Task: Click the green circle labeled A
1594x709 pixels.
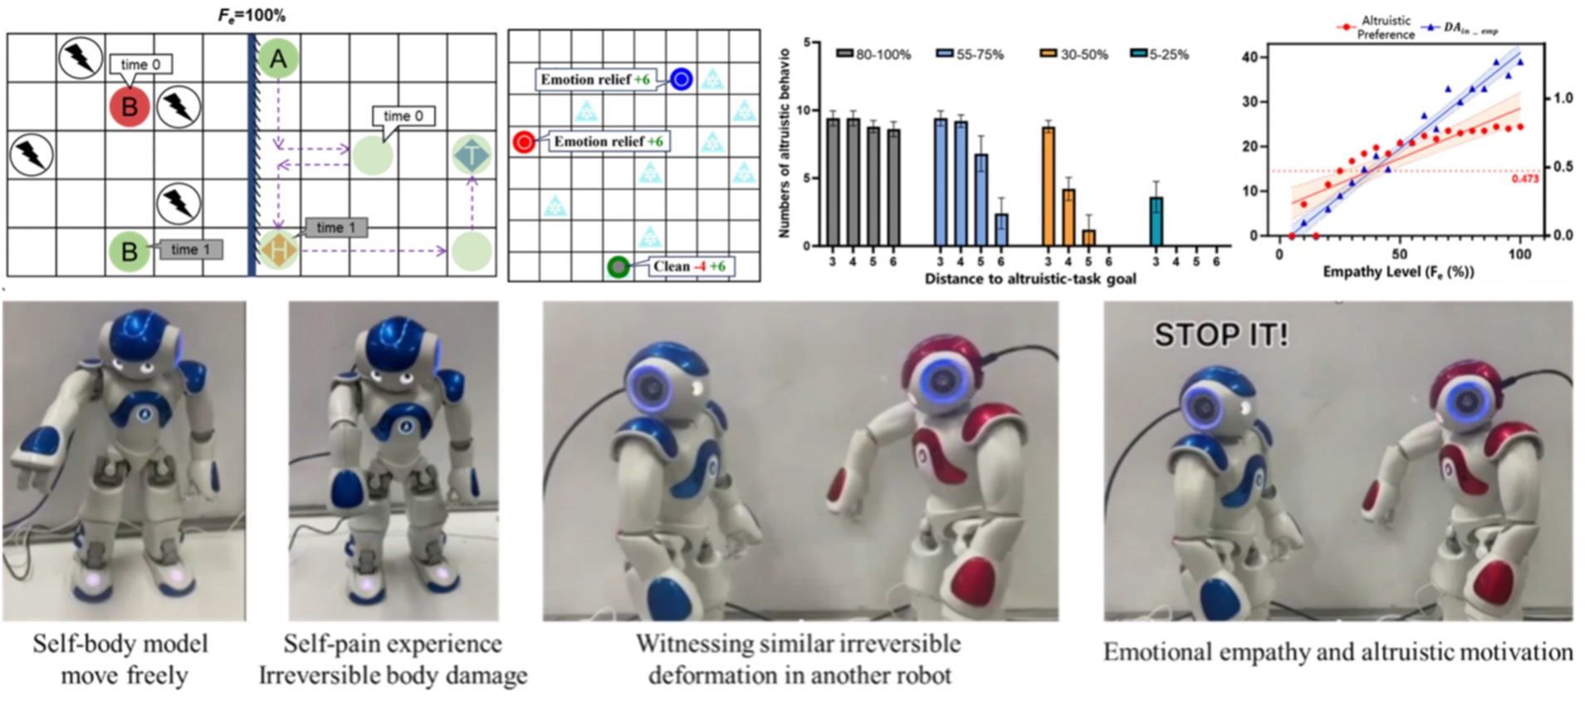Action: [x=278, y=59]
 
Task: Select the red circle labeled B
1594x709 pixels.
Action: [x=130, y=107]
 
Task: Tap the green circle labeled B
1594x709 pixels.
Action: [x=130, y=251]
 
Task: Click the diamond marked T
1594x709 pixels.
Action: [x=472, y=155]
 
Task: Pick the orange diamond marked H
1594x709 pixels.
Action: [x=279, y=249]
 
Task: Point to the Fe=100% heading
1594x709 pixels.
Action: [x=252, y=15]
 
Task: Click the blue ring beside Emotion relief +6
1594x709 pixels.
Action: [x=681, y=79]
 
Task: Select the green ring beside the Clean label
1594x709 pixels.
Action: [x=618, y=266]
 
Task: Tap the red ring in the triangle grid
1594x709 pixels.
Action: [x=524, y=143]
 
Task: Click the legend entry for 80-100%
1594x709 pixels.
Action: [x=873, y=55]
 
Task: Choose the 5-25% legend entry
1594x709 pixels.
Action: [x=1160, y=55]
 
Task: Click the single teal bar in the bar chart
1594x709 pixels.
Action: [x=1156, y=221]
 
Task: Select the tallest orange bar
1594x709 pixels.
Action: [x=1049, y=186]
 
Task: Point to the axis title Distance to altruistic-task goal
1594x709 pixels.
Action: [x=1030, y=279]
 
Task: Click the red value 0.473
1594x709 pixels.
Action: [x=1524, y=178]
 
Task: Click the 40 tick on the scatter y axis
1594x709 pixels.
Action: [x=1249, y=57]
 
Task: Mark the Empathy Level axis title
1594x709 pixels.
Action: [x=1398, y=272]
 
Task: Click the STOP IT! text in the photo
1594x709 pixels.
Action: [x=1220, y=335]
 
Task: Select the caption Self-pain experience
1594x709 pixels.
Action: [x=393, y=643]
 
